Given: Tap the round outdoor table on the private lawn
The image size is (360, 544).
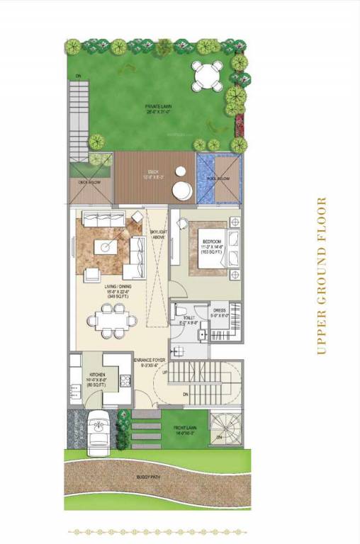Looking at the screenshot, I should tap(208, 74).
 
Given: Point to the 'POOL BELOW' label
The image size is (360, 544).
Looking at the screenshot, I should tap(220, 179).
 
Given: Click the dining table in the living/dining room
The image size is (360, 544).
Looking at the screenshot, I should tap(111, 321).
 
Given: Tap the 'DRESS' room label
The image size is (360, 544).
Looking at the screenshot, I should tap(219, 310).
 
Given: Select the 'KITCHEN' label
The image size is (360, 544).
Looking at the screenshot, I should tap(97, 373).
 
